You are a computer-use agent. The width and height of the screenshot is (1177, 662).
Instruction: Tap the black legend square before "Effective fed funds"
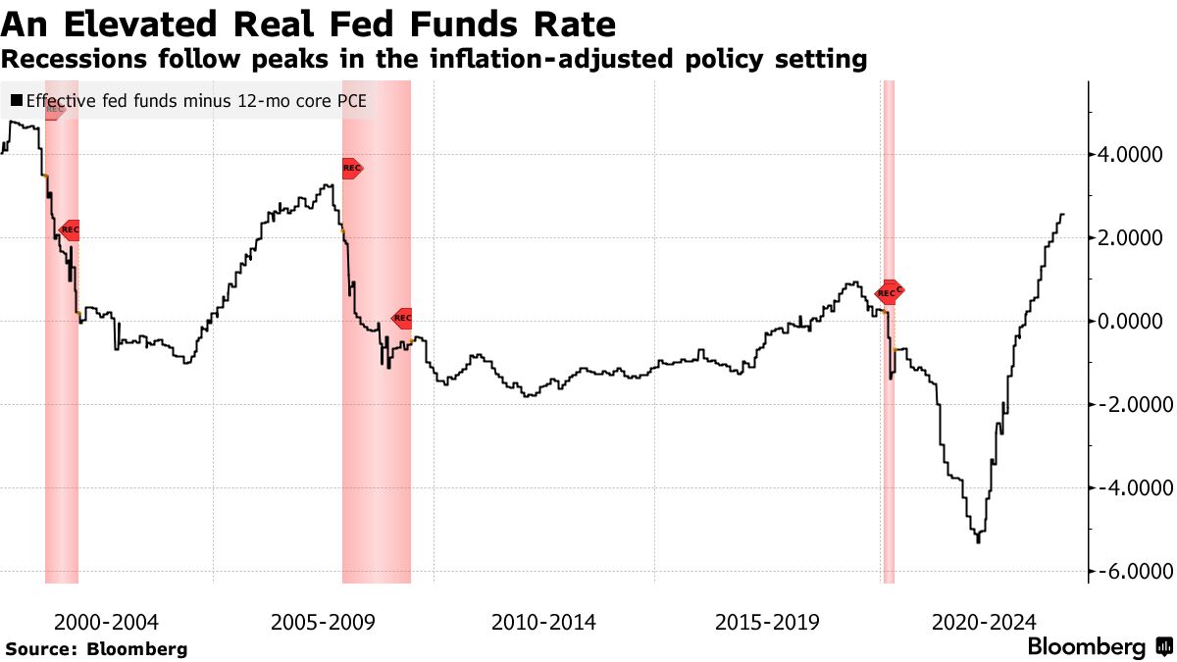click(x=16, y=100)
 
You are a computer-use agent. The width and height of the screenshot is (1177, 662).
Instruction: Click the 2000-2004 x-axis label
click(x=106, y=622)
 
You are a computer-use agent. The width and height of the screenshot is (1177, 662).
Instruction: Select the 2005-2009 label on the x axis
click(x=322, y=622)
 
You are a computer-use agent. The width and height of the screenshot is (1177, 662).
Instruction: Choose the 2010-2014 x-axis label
click(x=543, y=622)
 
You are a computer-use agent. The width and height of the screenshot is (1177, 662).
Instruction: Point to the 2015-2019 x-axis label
click(x=767, y=622)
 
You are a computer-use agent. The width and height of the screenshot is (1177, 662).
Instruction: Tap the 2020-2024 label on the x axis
click(x=984, y=622)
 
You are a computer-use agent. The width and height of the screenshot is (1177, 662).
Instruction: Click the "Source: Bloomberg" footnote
click(x=96, y=649)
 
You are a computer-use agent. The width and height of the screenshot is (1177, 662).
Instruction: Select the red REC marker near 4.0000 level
click(x=352, y=169)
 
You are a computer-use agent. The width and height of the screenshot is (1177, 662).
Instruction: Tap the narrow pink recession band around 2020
click(x=889, y=441)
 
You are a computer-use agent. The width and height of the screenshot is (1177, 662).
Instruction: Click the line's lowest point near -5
click(x=978, y=541)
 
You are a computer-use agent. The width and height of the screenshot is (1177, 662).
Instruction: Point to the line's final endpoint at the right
click(x=1063, y=214)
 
